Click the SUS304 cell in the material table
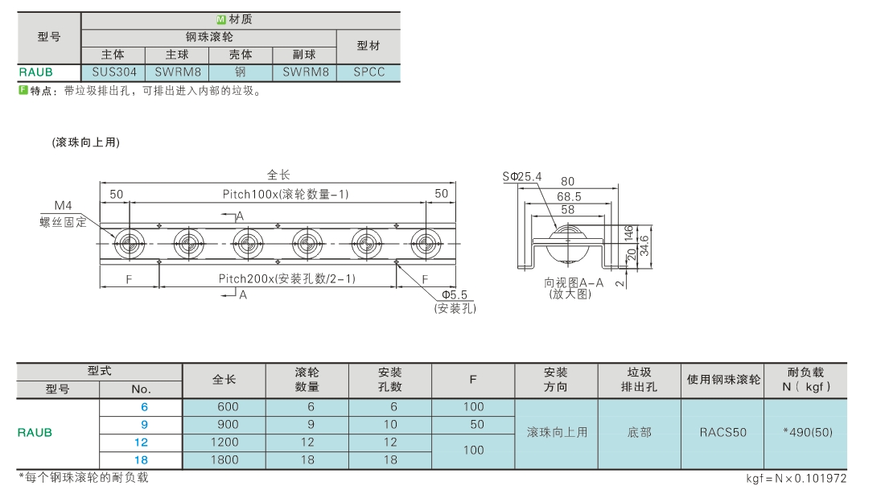(x=113, y=72)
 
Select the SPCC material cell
(x=368, y=72)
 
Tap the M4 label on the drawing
(x=63, y=205)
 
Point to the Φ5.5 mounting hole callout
(x=455, y=294)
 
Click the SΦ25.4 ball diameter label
(x=522, y=177)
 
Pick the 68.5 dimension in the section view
(x=568, y=196)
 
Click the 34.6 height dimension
(x=644, y=245)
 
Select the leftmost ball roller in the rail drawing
(x=130, y=245)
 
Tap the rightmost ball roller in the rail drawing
(x=426, y=245)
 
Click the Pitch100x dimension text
(x=286, y=194)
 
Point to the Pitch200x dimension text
(x=286, y=278)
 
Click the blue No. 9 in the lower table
(x=144, y=425)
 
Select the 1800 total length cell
(x=224, y=460)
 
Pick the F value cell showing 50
(x=477, y=425)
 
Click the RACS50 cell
(x=723, y=433)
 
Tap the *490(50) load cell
(x=808, y=433)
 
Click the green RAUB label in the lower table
(x=35, y=433)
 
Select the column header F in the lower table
(x=473, y=380)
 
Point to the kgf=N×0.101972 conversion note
(x=796, y=478)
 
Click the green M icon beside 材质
(x=220, y=20)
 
